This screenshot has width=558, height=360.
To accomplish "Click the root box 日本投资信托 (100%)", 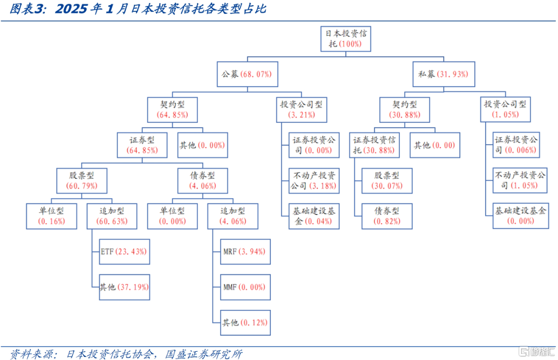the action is pyautogui.click(x=346, y=39).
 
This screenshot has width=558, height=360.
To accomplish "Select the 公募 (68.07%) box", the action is pyautogui.click(x=247, y=74).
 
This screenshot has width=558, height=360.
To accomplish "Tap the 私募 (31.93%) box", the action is pyautogui.click(x=443, y=74).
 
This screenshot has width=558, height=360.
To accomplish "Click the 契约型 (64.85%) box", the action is pyautogui.click(x=173, y=109).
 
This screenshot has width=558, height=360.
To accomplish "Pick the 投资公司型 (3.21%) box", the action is pyautogui.click(x=301, y=109).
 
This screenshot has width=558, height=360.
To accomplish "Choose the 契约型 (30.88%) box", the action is pyautogui.click(x=405, y=109).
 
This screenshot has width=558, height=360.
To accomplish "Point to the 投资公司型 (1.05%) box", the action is pyautogui.click(x=505, y=109).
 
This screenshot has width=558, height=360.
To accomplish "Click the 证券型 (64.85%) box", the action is pyautogui.click(x=143, y=145).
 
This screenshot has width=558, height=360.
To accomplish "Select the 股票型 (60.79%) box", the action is pyautogui.click(x=82, y=181).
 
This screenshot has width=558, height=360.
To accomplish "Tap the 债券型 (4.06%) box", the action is pyautogui.click(x=203, y=181).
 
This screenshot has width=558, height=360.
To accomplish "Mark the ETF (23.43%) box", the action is pyautogui.click(x=124, y=252).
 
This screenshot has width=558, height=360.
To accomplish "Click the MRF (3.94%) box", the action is pyautogui.click(x=245, y=252).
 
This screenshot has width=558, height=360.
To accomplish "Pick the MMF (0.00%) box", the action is pyautogui.click(x=245, y=287).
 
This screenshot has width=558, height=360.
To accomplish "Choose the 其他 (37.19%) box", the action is pyautogui.click(x=124, y=287).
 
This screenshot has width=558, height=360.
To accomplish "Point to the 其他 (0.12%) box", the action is pyautogui.click(x=245, y=323).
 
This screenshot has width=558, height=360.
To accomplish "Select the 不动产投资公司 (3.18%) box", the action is pyautogui.click(x=314, y=181).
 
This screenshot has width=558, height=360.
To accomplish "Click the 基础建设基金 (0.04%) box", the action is pyautogui.click(x=314, y=216).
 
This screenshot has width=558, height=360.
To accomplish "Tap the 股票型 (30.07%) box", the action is pyautogui.click(x=387, y=181).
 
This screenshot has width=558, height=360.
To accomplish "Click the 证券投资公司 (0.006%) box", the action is pyautogui.click(x=516, y=145).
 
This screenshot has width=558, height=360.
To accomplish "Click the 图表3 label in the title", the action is pyautogui.click(x=28, y=9).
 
